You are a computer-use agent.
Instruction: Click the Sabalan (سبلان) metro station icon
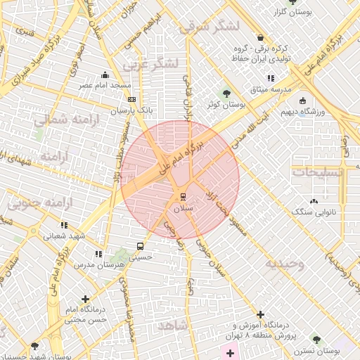(183, 196)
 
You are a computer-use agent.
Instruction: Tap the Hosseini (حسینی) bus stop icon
(141, 247)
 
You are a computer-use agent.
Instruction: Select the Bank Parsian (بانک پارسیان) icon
(131, 100)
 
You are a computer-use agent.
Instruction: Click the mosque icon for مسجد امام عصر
(105, 75)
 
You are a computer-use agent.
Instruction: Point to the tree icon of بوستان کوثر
(226, 93)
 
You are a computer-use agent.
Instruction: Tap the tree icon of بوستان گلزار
(293, 2)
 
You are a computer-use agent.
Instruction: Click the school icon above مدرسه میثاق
(269, 79)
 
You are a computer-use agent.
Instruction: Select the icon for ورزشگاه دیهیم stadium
(302, 101)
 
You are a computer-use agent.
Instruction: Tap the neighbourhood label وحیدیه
(284, 264)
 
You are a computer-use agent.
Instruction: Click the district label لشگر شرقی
(210, 27)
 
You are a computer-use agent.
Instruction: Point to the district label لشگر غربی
(151, 64)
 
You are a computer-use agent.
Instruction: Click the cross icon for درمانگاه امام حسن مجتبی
(86, 299)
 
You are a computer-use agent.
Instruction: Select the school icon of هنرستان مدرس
(98, 253)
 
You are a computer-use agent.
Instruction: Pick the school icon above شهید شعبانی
(64, 226)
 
